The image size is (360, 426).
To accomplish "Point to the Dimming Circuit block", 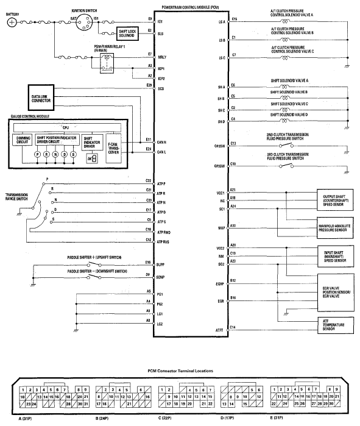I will (x=23, y=140).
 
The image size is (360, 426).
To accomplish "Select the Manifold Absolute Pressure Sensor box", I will (x=332, y=229).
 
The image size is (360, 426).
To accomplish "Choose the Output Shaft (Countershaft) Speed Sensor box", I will (x=332, y=201).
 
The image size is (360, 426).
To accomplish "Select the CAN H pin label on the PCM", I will (x=161, y=142).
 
